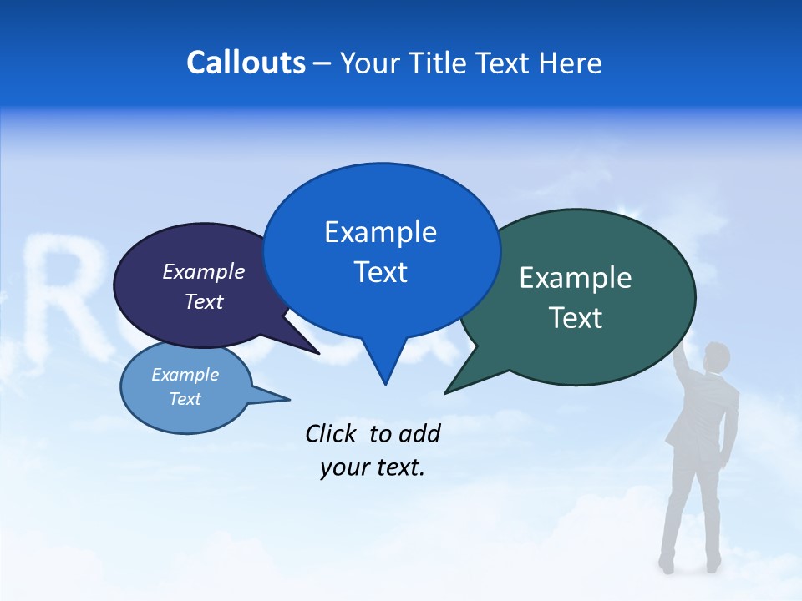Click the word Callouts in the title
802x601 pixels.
(x=246, y=63)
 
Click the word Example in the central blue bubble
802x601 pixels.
(x=380, y=232)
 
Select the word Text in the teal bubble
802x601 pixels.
(x=576, y=318)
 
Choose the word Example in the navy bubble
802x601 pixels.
(x=204, y=271)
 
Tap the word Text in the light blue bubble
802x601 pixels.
(x=185, y=399)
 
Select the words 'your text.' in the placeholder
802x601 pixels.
(x=373, y=468)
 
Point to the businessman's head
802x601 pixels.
(x=716, y=357)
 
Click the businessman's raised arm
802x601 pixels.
(x=686, y=359)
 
